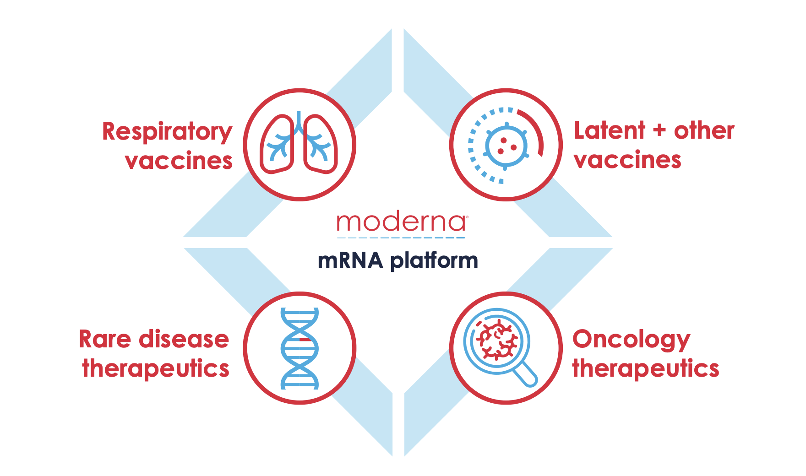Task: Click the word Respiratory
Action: click(167, 132)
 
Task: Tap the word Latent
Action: click(610, 130)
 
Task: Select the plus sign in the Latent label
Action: click(659, 130)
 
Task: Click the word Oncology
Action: click(631, 341)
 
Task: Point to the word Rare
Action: click(105, 340)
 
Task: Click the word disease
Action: click(184, 340)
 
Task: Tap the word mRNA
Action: click(350, 260)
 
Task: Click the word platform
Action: click(434, 261)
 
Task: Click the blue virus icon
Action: click(506, 146)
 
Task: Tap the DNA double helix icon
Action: click(300, 348)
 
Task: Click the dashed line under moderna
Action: click(401, 238)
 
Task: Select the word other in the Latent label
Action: click(704, 130)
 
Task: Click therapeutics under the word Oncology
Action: click(646, 369)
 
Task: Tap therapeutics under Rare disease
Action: click(156, 369)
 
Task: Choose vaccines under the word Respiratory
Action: click(179, 161)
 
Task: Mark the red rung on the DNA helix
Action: click(306, 340)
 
